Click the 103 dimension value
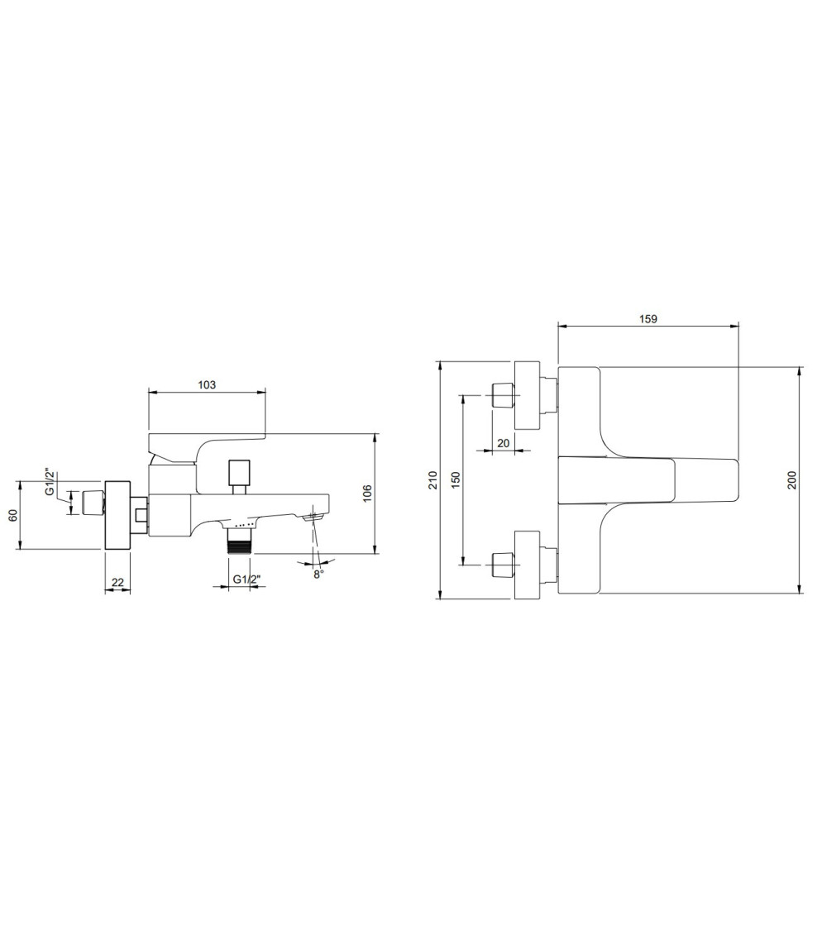point(207,385)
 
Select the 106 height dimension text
point(367,494)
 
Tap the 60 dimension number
point(12,515)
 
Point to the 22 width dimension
point(117,583)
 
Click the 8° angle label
point(318,575)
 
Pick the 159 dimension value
point(648,319)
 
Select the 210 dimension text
point(433,479)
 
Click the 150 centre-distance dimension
point(456,479)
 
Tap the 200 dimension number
point(792,479)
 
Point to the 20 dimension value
point(503,443)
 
